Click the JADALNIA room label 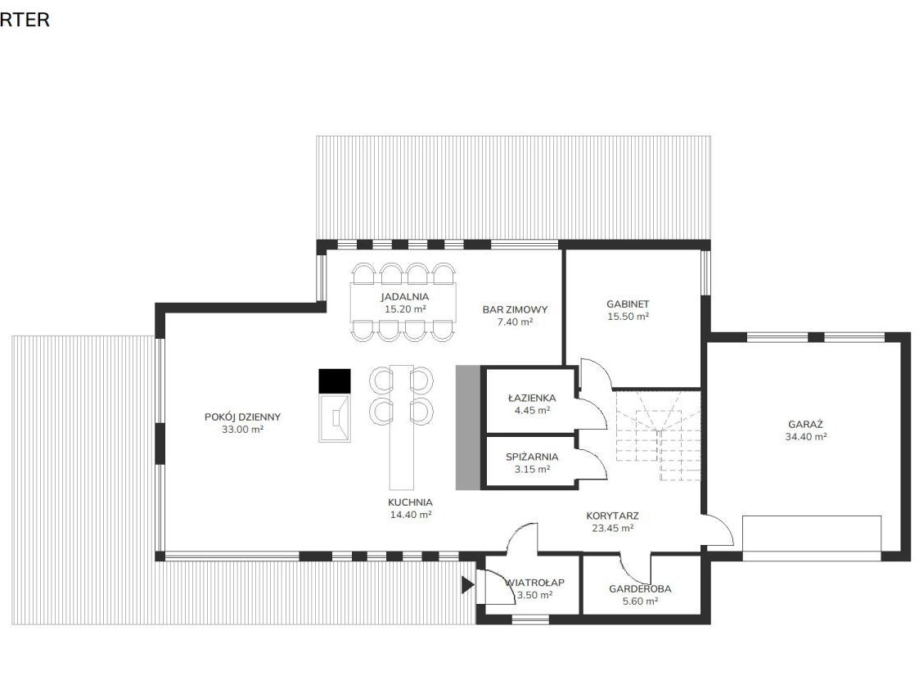click(404, 297)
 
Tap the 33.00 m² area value click(243, 430)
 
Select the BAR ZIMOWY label click(516, 309)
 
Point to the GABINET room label click(628, 304)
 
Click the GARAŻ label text click(806, 424)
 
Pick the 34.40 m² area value click(806, 437)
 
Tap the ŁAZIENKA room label click(532, 398)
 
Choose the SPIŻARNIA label click(532, 457)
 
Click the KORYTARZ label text click(612, 516)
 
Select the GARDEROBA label click(640, 589)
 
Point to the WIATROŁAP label click(534, 583)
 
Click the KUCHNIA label click(410, 502)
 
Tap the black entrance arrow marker click(467, 585)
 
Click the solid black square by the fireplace click(335, 381)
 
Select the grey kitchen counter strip click(468, 428)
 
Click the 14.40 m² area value click(410, 515)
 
